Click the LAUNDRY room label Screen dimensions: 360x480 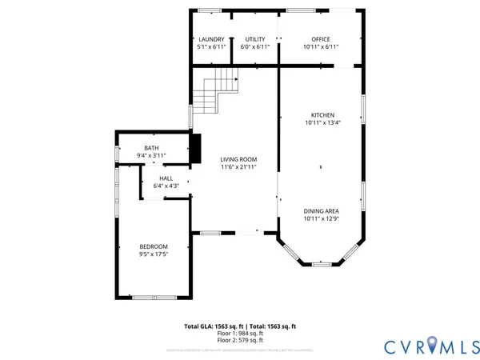tap(211, 39)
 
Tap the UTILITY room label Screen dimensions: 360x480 tap(255, 39)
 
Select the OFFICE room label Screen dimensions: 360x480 tap(321, 39)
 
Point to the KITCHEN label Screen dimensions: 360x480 tap(322, 115)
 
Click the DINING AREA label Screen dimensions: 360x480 tap(321, 210)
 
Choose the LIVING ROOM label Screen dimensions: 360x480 tap(238, 159)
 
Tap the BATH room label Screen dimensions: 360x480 tap(151, 148)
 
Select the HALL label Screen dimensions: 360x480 tap(166, 178)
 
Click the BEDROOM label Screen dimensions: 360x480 tap(154, 246)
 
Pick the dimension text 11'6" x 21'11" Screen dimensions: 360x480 tap(238, 167)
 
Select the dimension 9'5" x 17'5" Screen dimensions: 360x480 tap(154, 254)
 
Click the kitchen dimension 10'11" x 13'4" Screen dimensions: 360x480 tap(322, 123)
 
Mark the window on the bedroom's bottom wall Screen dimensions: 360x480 tap(154, 298)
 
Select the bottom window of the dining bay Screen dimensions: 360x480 tap(322, 265)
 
